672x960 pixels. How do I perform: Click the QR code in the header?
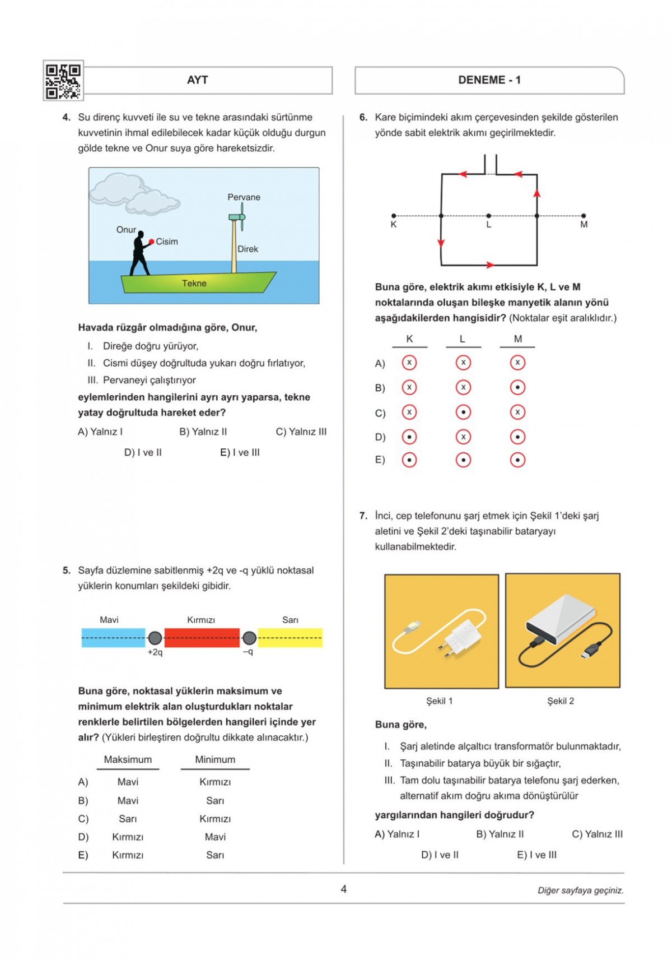point(63,81)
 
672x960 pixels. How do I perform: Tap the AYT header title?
point(197,80)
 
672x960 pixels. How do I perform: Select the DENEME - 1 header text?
point(489,80)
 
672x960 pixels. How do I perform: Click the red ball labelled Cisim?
point(151,242)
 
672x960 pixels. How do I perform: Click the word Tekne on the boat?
point(194,284)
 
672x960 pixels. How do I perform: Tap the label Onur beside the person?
point(126,230)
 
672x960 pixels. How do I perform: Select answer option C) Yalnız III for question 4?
point(301,432)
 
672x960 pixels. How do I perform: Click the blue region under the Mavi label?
point(113,638)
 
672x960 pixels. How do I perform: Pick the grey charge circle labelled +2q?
point(155,638)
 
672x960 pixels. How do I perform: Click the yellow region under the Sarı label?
point(290,638)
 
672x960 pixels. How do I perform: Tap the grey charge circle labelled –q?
point(249,638)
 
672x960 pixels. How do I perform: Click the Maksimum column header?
point(128,759)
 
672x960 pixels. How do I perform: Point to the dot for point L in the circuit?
point(489,216)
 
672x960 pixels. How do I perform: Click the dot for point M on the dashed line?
point(584,216)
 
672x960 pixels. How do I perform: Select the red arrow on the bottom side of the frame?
point(490,265)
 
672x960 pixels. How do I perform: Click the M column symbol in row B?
point(517,387)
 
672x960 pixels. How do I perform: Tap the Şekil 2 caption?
point(561,701)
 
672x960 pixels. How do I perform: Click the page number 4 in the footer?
point(344,889)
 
